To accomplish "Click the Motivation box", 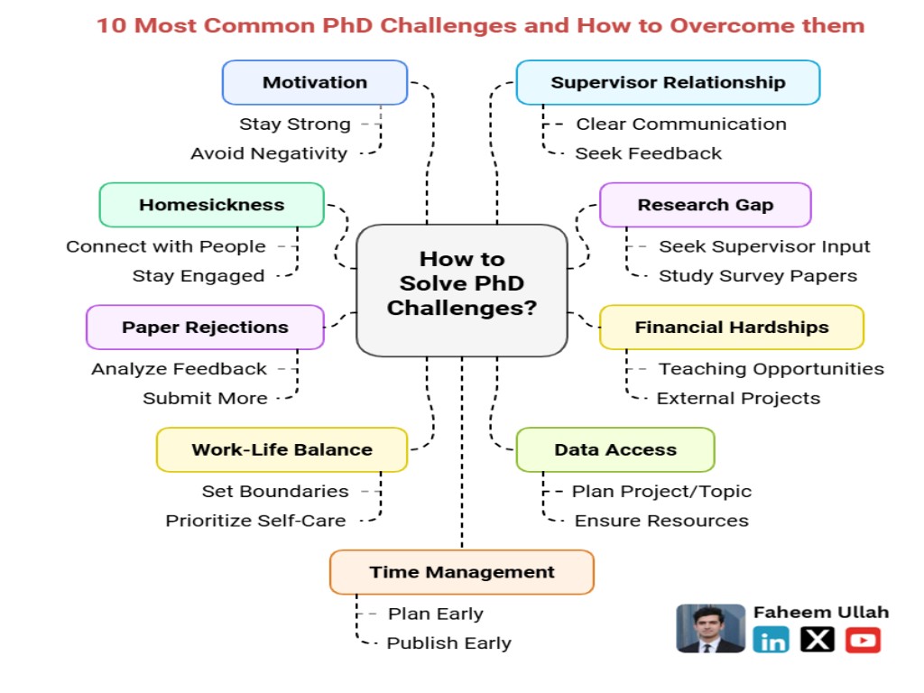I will pyautogui.click(x=315, y=82).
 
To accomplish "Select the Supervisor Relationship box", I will pyautogui.click(x=668, y=82).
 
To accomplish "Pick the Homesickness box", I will pyautogui.click(x=211, y=205).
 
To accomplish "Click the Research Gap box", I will pyautogui.click(x=705, y=205).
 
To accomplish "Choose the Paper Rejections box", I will pyautogui.click(x=205, y=328).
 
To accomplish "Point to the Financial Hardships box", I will pyautogui.click(x=731, y=328).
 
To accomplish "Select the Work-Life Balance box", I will pyautogui.click(x=282, y=449).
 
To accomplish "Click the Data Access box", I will pyautogui.click(x=614, y=449).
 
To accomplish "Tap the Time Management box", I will pyautogui.click(x=461, y=572).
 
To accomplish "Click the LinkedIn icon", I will pyautogui.click(x=772, y=641).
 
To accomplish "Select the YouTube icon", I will pyautogui.click(x=863, y=641).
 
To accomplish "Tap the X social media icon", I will pyautogui.click(x=818, y=641).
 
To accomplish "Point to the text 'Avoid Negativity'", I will pyautogui.click(x=268, y=153).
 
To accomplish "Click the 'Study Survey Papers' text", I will pyautogui.click(x=757, y=276).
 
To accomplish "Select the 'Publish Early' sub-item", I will pyautogui.click(x=448, y=643).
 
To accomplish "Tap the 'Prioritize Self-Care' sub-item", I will pyautogui.click(x=255, y=521).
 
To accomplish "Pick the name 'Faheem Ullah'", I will pyautogui.click(x=820, y=612).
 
